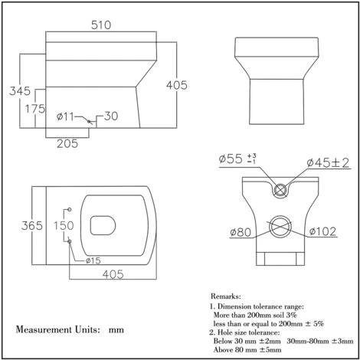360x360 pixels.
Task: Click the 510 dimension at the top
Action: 101,25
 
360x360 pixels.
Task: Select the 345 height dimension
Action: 20,91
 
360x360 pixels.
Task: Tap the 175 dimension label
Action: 35,109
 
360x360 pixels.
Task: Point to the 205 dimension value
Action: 67,144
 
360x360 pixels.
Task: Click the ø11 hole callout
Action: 65,116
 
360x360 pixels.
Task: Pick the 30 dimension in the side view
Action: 111,116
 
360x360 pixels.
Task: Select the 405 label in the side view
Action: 177,85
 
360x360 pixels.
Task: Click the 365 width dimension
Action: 32,226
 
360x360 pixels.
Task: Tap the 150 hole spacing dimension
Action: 64,225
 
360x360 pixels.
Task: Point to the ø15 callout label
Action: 93,260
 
